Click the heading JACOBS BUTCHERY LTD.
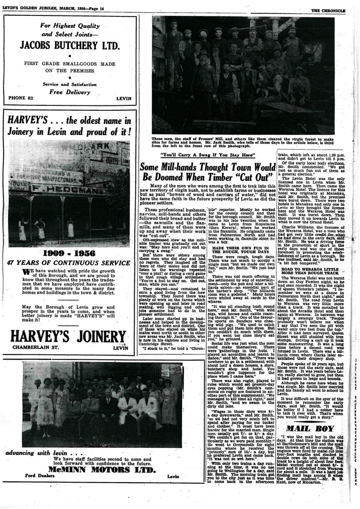click(70, 46)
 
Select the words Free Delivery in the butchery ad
click(70, 92)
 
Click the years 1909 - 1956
click(69, 253)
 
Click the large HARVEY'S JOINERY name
click(69, 337)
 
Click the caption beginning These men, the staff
click(243, 142)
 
